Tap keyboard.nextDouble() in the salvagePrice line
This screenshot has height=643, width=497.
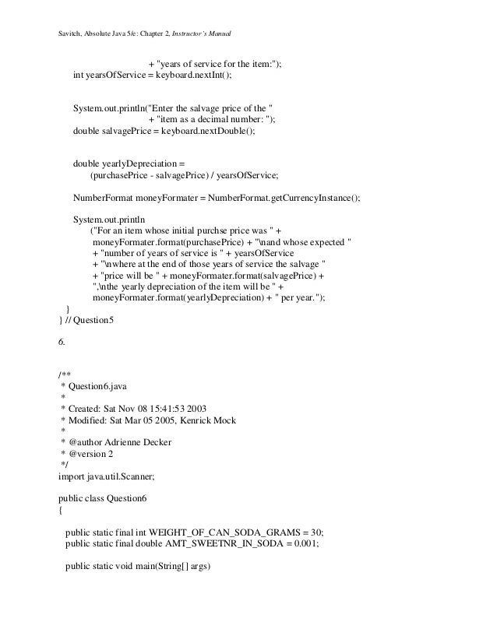click(x=212, y=132)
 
